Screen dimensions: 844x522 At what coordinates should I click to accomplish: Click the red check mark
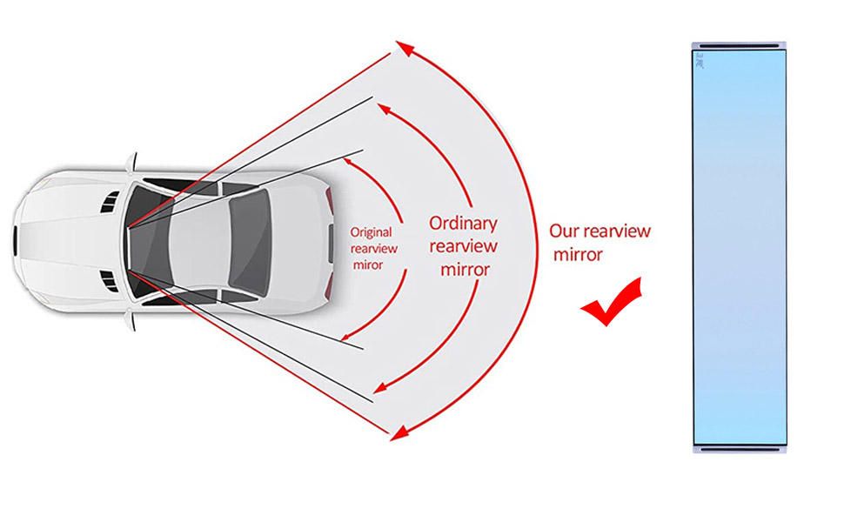pyautogui.click(x=611, y=304)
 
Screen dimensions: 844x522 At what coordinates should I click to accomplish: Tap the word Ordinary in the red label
pyautogui.click(x=463, y=224)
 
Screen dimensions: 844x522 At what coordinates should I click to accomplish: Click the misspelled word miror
pyautogui.click(x=368, y=265)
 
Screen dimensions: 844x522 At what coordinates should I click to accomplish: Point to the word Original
pyautogui.click(x=371, y=232)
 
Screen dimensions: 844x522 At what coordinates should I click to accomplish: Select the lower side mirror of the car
pyautogui.click(x=131, y=319)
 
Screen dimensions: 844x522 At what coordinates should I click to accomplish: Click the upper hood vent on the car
pyautogui.click(x=110, y=202)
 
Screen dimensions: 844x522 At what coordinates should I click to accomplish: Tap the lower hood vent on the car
pyautogui.click(x=110, y=282)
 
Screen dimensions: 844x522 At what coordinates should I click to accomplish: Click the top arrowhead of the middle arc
pyautogui.click(x=385, y=109)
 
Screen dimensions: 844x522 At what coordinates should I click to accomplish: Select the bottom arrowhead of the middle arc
pyautogui.click(x=380, y=387)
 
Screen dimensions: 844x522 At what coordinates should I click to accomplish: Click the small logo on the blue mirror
pyautogui.click(x=700, y=60)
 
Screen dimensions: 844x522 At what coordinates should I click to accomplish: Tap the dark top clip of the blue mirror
pyautogui.click(x=739, y=46)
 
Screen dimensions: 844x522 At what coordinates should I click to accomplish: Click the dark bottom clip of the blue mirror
pyautogui.click(x=740, y=449)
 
